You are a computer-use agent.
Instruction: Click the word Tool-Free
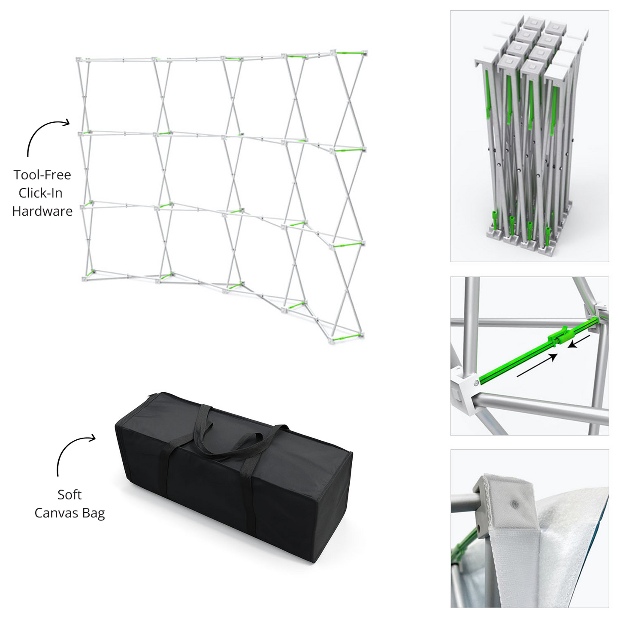pyautogui.click(x=42, y=175)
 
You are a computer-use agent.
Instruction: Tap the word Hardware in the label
pyautogui.click(x=42, y=211)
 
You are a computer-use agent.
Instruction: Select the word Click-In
pyautogui.click(x=40, y=193)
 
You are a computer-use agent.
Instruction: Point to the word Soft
pyautogui.click(x=70, y=495)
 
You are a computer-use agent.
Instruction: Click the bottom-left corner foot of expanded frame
pyautogui.click(x=85, y=279)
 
